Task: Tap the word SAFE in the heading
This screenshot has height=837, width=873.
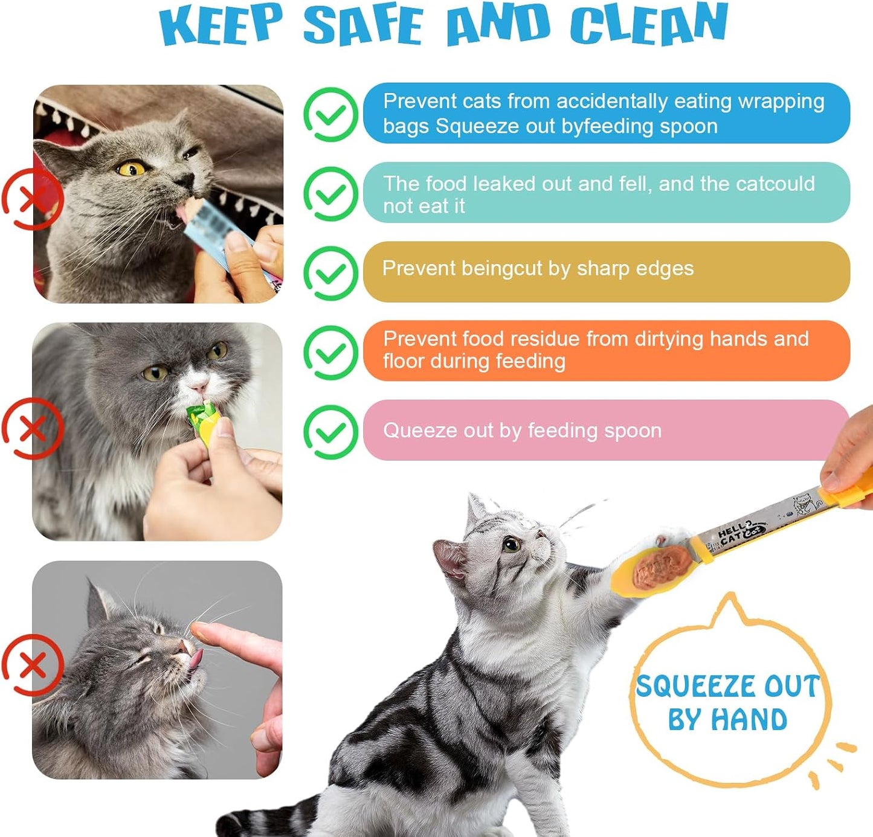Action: [363, 25]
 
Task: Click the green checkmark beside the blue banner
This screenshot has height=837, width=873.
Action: [330, 114]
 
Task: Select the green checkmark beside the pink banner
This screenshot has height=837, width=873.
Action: [330, 431]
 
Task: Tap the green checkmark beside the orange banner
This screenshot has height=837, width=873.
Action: [330, 352]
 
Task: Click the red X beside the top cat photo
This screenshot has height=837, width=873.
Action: [33, 199]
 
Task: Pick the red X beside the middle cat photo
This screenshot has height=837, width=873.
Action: [33, 429]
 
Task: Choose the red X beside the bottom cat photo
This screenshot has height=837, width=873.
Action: [33, 665]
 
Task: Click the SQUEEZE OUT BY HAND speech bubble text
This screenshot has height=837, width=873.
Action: [728, 702]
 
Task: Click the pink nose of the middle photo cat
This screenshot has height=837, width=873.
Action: [198, 385]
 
